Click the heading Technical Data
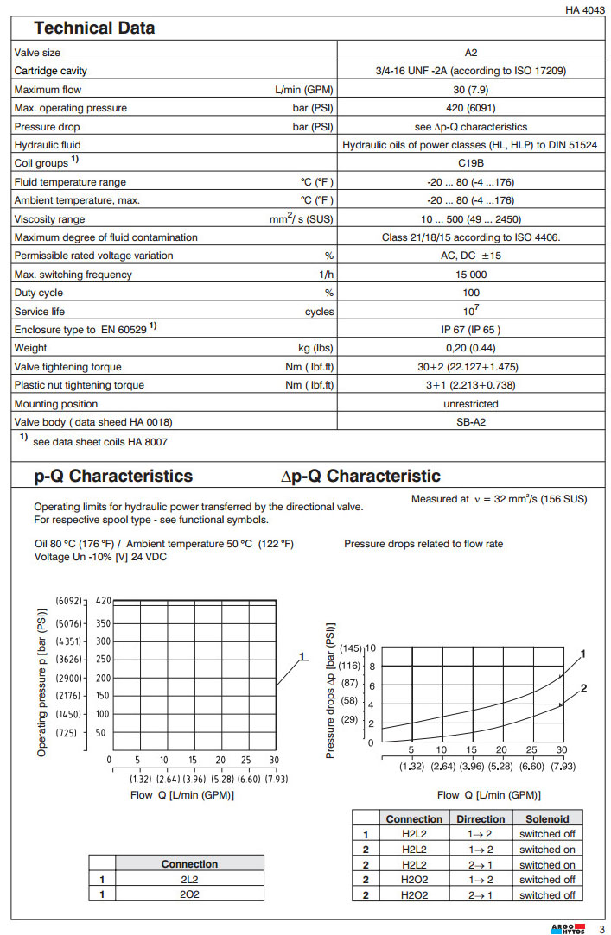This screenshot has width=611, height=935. click(94, 28)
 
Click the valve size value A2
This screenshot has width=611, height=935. click(471, 53)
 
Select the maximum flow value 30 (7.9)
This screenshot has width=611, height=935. click(471, 90)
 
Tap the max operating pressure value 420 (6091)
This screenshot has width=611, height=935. click(471, 108)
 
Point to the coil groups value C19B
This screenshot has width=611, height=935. click(471, 163)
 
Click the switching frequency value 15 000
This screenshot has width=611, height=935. click(471, 275)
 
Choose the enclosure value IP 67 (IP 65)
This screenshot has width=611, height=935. click(471, 330)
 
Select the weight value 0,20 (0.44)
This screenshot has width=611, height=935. click(471, 348)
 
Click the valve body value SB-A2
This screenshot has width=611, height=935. click(471, 422)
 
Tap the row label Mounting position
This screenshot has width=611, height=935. click(56, 404)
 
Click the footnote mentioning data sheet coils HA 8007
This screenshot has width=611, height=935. click(106, 442)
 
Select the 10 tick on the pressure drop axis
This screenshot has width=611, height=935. click(371, 648)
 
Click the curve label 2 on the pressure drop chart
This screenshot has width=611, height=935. click(584, 689)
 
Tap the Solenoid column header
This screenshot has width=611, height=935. click(546, 818)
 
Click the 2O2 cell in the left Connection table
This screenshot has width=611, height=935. click(189, 894)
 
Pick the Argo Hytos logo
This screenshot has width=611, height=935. click(567, 928)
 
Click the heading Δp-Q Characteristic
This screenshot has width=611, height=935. click(360, 477)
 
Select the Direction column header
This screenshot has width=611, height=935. click(481, 818)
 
